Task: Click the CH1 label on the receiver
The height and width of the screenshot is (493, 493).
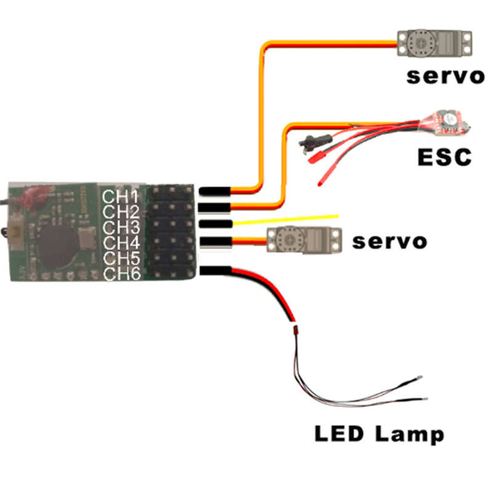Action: point(120,197)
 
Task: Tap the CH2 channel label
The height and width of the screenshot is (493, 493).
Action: point(121,212)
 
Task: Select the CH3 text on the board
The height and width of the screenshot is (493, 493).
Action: point(121,227)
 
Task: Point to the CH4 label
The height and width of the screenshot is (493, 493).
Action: point(121,243)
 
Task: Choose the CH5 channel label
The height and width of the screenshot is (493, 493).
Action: point(121,258)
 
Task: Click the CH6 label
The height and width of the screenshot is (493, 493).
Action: point(122,274)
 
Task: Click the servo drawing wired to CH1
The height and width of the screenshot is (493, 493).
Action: point(434,43)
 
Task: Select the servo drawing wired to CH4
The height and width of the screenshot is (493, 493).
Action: point(304,240)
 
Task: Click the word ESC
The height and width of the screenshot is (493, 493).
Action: point(444,157)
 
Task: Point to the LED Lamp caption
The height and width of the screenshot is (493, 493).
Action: point(379,434)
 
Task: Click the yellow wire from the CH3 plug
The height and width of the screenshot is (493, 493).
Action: point(285,219)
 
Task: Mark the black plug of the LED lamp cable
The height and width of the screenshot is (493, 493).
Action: point(216,271)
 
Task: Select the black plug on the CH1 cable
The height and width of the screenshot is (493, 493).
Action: point(215,190)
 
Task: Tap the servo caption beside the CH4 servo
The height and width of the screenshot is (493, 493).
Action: point(389,242)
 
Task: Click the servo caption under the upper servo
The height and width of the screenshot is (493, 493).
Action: point(446,76)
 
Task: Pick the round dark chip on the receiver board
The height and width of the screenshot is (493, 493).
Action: point(58,247)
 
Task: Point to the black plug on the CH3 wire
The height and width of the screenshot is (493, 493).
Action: point(216,224)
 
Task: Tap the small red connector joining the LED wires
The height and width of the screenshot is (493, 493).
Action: point(295,330)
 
